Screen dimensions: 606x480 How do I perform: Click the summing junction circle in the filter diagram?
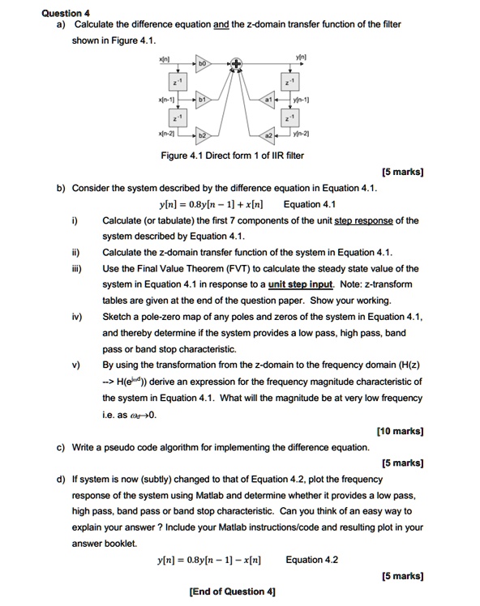coord(237,62)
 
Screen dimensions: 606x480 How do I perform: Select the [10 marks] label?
coord(400,432)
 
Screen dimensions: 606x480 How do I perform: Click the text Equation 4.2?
coord(312,560)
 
